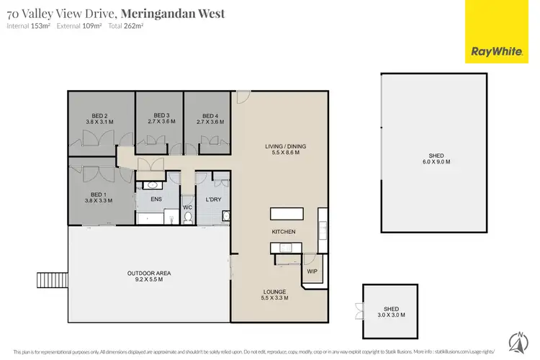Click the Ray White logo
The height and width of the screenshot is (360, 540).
click(496, 32)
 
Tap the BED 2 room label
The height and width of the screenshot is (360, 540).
click(100, 116)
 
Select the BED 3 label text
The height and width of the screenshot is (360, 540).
click(161, 116)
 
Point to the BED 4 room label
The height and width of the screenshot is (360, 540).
click(210, 116)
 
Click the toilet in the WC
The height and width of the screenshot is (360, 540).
click(187, 219)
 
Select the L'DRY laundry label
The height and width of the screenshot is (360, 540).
click(212, 199)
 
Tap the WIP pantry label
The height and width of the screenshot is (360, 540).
click(312, 271)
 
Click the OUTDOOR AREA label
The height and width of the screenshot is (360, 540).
click(149, 274)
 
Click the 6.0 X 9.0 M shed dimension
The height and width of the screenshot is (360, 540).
click(436, 163)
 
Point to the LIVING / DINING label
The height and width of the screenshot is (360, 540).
click(286, 147)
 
